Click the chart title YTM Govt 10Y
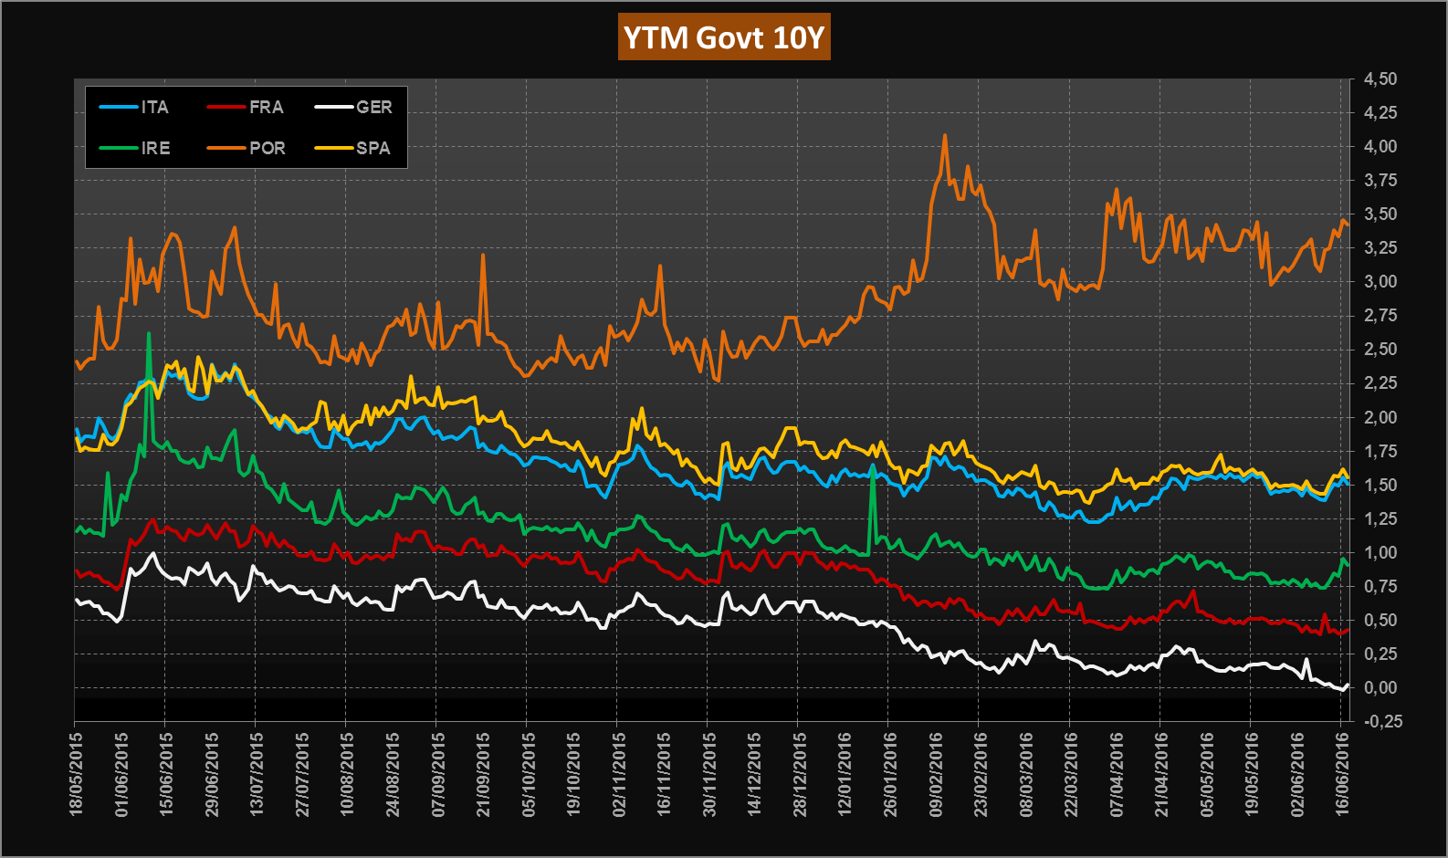(x=724, y=37)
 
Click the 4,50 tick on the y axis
(x=1380, y=79)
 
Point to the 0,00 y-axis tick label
(x=1380, y=688)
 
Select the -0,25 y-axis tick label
(x=1381, y=722)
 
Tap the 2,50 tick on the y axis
(x=1380, y=350)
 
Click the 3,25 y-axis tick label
(x=1380, y=248)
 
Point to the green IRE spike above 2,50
(x=149, y=336)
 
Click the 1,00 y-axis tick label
(x=1380, y=553)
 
